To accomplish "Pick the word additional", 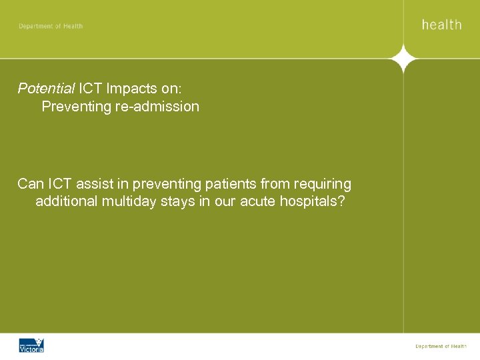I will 66,202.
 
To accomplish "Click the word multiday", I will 129,202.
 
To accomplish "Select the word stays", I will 178,202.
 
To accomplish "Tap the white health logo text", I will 441,25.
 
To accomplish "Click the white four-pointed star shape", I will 404,59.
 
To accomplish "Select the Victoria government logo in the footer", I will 31,345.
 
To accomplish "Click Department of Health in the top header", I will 51,26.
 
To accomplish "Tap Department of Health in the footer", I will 441,346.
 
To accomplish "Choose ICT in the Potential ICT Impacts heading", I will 91,88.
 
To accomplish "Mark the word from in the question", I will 273,183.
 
